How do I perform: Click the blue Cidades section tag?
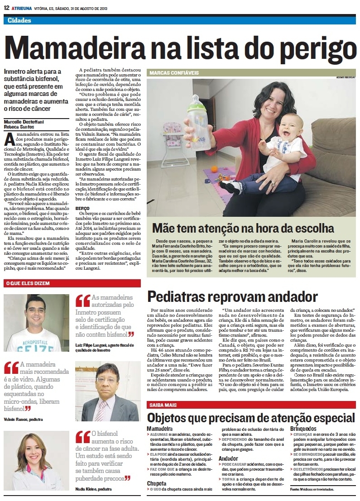coord(19,20)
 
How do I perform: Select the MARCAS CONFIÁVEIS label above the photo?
coord(174,72)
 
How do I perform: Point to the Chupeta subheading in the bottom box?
coord(157,483)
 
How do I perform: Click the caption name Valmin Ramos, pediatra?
coord(23,420)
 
